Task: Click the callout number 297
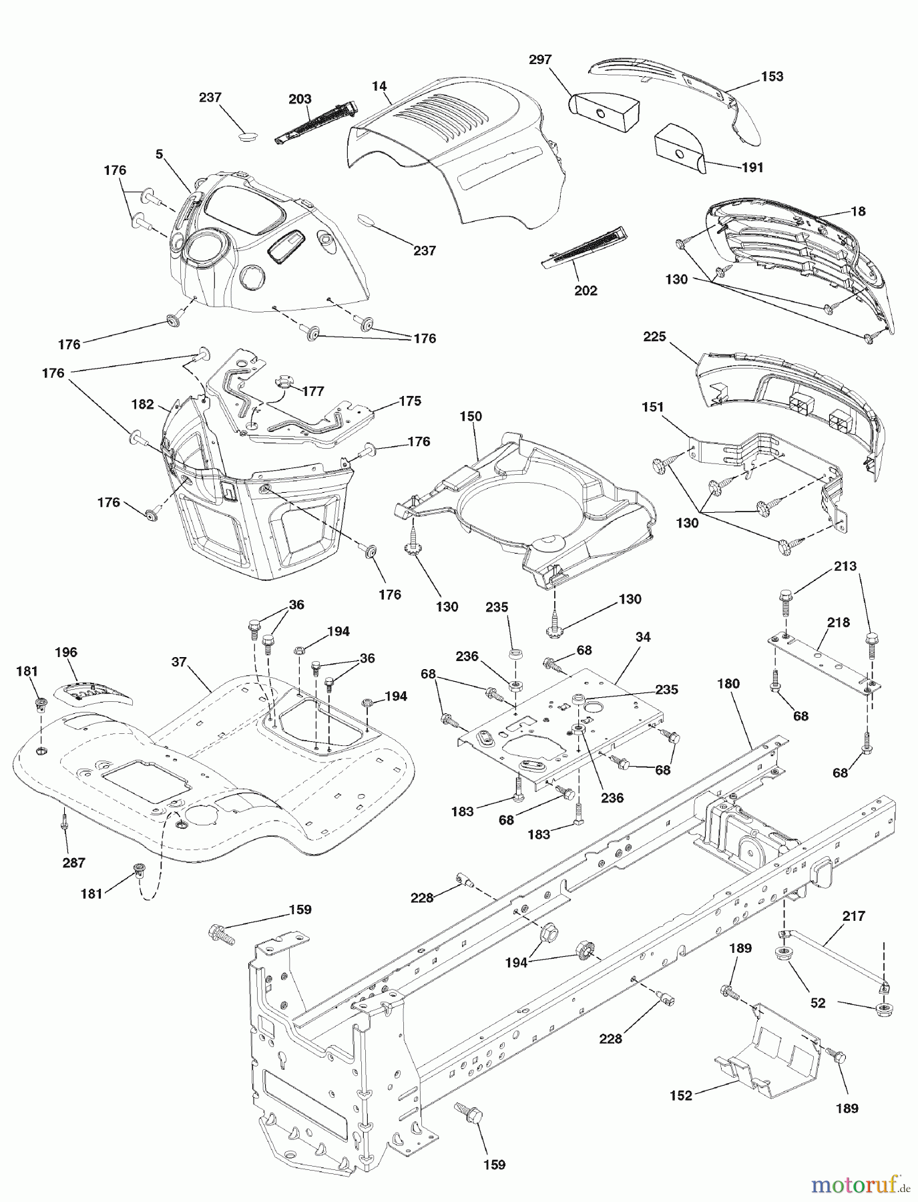coord(540,59)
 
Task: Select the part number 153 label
coord(772,76)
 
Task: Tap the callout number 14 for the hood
coord(379,85)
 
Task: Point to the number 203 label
coord(300,99)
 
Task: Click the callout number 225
coord(654,337)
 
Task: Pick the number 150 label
coord(471,417)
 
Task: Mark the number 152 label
coord(681,1096)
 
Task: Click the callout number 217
coord(854,916)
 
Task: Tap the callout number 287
coord(73,862)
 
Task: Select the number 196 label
coord(67,652)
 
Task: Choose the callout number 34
coord(642,637)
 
